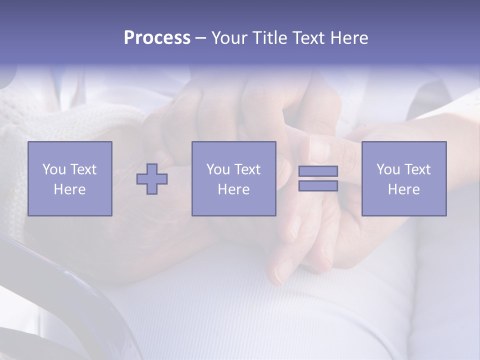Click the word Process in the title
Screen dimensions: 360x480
(157, 38)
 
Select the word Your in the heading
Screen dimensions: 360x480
(230, 38)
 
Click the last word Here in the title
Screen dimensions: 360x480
(348, 38)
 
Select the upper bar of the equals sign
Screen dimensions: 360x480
(318, 171)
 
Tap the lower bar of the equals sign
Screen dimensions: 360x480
(318, 185)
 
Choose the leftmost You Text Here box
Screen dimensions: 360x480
(70, 178)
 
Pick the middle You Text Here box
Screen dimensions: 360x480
(233, 178)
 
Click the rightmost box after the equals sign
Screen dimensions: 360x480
(403, 178)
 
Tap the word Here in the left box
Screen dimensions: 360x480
(69, 189)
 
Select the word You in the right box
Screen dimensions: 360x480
(387, 169)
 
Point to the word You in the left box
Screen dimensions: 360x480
(53, 169)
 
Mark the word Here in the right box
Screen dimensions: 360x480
(403, 189)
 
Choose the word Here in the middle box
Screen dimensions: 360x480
(233, 189)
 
